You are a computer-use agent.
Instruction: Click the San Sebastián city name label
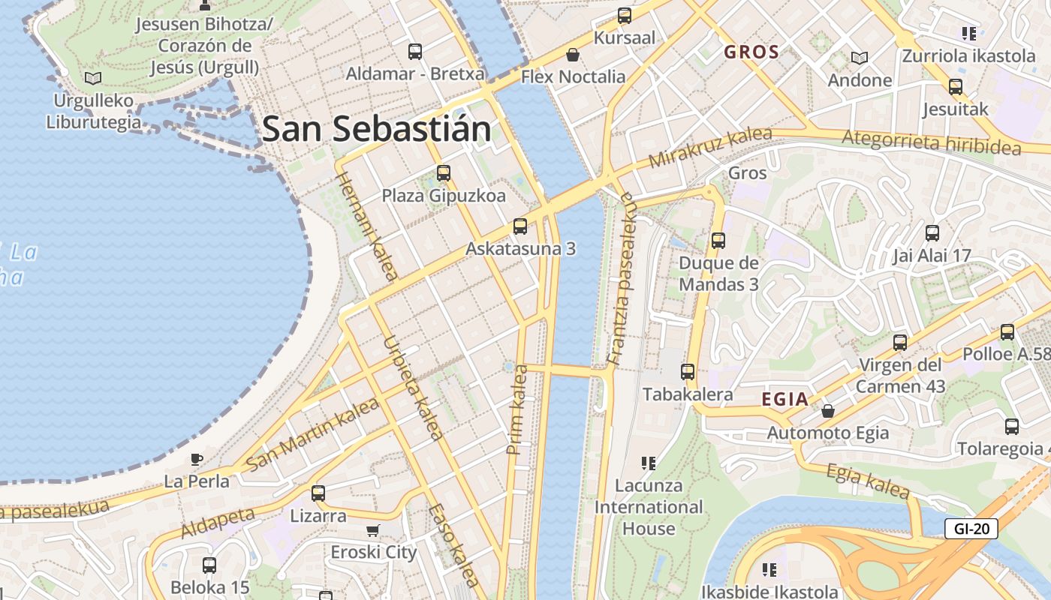377,129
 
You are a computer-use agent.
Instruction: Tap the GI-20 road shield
971,528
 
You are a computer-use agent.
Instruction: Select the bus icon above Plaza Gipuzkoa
443,173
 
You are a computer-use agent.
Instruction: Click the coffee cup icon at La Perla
197,458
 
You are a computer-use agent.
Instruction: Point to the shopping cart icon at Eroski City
373,531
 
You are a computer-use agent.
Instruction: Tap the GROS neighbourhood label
751,52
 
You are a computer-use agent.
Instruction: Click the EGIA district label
785,399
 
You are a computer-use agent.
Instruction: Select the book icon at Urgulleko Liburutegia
93,78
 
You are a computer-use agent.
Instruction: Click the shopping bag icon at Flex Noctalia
573,55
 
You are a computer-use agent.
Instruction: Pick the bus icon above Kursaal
624,16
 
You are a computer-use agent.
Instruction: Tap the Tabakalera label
687,394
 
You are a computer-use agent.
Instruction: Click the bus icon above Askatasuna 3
519,226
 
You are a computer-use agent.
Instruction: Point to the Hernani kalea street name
366,226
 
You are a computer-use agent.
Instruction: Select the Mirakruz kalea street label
709,148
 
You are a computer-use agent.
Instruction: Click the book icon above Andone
859,58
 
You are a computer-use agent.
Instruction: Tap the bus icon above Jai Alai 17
932,233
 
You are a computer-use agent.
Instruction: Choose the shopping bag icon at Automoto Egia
827,411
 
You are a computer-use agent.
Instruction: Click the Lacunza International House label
649,507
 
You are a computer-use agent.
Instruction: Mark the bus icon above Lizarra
318,493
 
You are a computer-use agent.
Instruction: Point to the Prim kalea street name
516,409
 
